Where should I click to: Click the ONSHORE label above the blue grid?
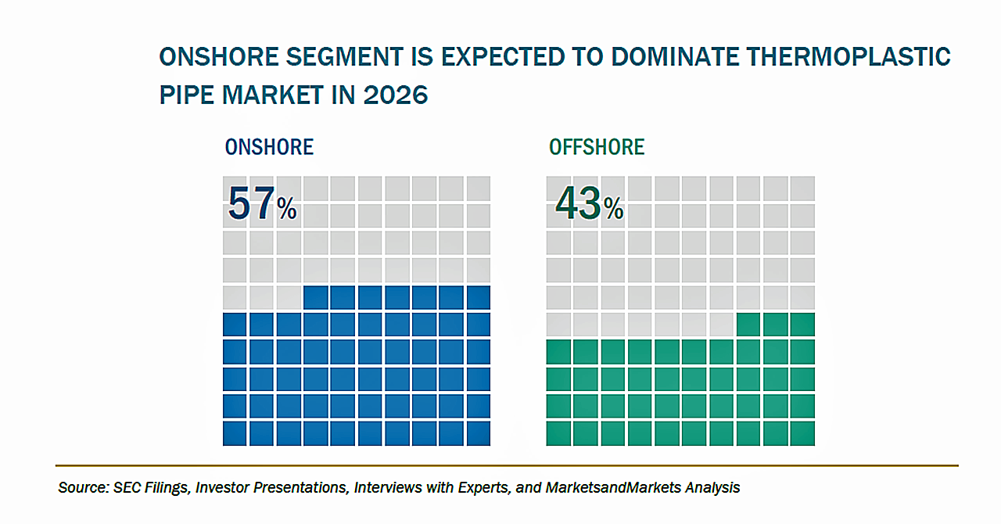tap(269, 147)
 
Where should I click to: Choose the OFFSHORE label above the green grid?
tap(597, 147)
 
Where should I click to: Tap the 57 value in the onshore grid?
tap(251, 203)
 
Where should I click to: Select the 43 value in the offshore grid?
tap(578, 203)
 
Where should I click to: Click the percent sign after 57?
tap(287, 208)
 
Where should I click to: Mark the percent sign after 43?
tap(614, 208)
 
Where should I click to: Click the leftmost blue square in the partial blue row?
tap(316, 297)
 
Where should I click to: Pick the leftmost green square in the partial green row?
tap(748, 325)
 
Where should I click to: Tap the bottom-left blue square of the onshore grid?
tap(235, 433)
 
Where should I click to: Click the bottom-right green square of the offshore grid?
tap(802, 433)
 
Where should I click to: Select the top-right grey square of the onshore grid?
tap(478, 188)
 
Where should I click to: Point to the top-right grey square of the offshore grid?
tap(802, 188)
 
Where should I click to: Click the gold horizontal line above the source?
tap(507, 465)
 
